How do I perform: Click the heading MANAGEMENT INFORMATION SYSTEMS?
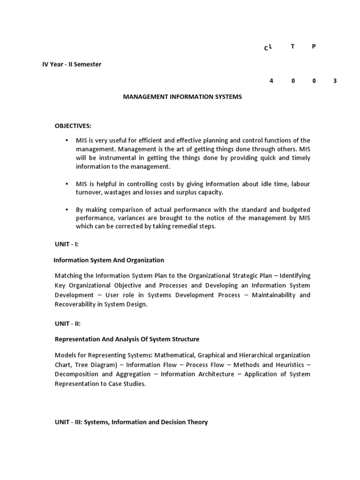(x=182, y=97)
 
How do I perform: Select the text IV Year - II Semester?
(x=72, y=64)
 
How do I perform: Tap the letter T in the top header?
(x=292, y=46)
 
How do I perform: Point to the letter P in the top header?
(x=314, y=46)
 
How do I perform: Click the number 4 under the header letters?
(x=271, y=81)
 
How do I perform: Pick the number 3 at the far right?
(x=335, y=81)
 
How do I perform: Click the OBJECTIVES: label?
(x=73, y=126)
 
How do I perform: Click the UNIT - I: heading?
(x=67, y=244)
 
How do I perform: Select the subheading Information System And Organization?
(x=109, y=260)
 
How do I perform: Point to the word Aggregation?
(x=133, y=374)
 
